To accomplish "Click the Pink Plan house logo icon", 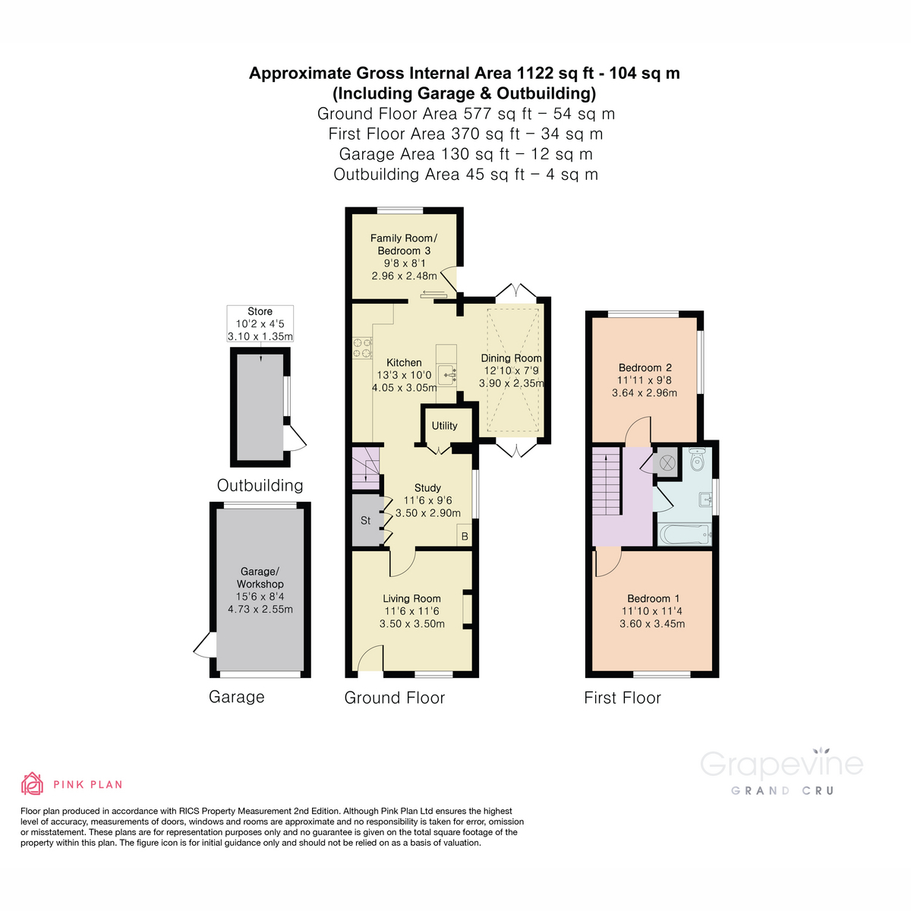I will (x=32, y=783).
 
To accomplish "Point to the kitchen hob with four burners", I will (x=362, y=347).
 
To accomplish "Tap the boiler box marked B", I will (x=465, y=536).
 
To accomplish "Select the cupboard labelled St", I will (x=366, y=520).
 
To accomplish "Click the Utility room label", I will (x=444, y=426).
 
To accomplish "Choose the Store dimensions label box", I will (x=260, y=324).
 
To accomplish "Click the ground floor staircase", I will (x=365, y=468).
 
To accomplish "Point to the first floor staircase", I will (x=607, y=482).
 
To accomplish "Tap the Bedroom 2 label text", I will (x=645, y=367).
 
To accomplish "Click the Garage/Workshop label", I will (x=260, y=578).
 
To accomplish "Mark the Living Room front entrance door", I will (x=370, y=659).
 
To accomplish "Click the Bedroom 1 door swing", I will (x=607, y=562).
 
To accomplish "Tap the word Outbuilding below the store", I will (x=260, y=485).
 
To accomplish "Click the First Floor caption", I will (x=622, y=698).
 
